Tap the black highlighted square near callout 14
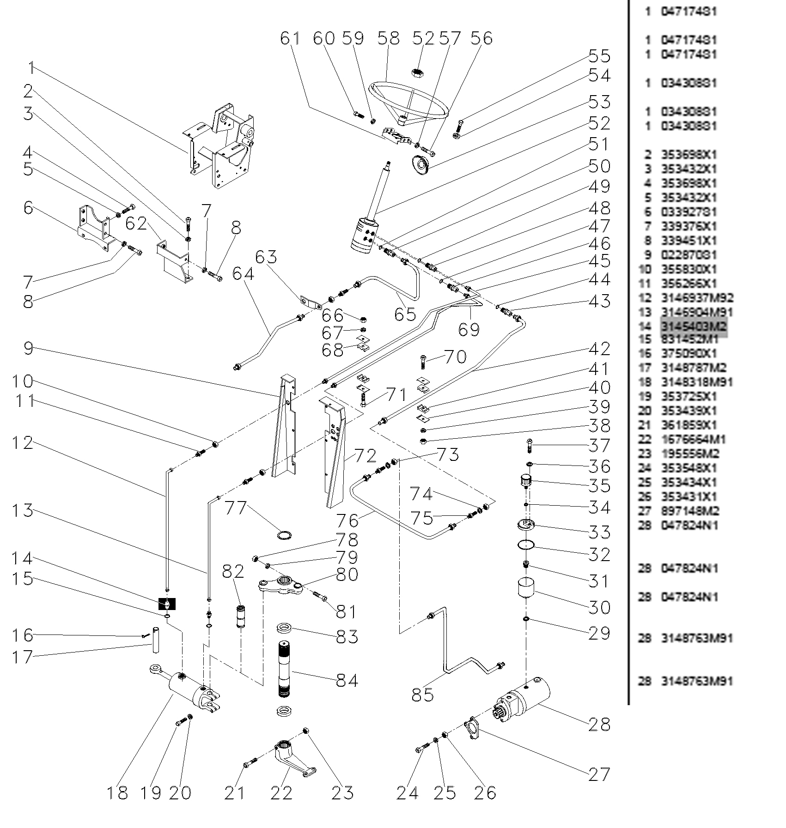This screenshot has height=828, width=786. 167,604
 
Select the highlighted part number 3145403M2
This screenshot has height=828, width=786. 694,326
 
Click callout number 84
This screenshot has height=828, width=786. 347,680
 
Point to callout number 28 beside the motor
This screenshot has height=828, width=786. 599,724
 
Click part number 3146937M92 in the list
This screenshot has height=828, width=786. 697,298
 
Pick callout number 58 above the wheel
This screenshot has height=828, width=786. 389,38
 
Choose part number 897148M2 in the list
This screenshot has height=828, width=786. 689,511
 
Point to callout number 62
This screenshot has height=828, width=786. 137,224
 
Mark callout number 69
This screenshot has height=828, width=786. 469,329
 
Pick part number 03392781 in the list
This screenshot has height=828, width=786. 689,212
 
